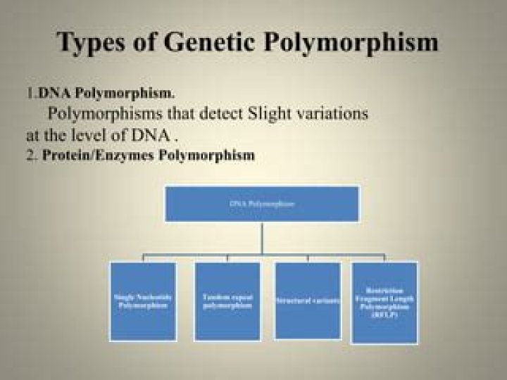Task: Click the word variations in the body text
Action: tap(333, 113)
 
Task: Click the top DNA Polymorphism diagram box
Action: tap(262, 203)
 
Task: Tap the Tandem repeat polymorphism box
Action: tap(227, 301)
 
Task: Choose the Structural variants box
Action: tap(307, 300)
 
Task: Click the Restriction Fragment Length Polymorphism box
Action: tap(384, 303)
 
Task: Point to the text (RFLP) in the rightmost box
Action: tap(384, 316)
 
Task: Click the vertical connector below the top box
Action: tap(262, 238)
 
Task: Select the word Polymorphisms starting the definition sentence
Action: tap(91, 113)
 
